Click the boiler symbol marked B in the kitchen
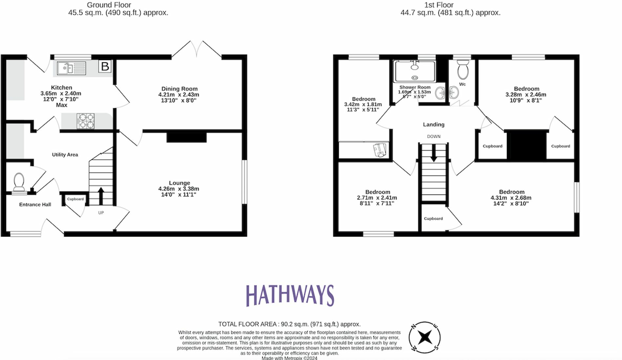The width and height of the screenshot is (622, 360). pyautogui.click(x=105, y=66)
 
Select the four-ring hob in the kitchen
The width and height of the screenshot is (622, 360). pyautogui.click(x=86, y=121)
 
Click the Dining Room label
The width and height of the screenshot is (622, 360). pyautogui.click(x=179, y=89)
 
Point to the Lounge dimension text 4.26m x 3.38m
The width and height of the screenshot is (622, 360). pyautogui.click(x=178, y=189)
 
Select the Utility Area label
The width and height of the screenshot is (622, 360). pyautogui.click(x=65, y=154)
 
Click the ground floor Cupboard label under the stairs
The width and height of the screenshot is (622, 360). pyautogui.click(x=75, y=199)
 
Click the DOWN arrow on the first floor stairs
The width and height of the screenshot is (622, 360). pyautogui.click(x=434, y=153)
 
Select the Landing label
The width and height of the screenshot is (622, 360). pyautogui.click(x=434, y=124)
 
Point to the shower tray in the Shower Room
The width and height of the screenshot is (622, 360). pyautogui.click(x=415, y=71)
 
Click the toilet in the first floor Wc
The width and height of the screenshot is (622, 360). pyautogui.click(x=463, y=69)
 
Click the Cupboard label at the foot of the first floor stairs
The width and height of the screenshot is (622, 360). pyautogui.click(x=433, y=218)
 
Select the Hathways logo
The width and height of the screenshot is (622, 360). pyautogui.click(x=290, y=295)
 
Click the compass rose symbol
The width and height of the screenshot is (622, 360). pyautogui.click(x=425, y=337)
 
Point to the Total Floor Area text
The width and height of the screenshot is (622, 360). pyautogui.click(x=289, y=324)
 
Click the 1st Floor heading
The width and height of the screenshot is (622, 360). pyautogui.click(x=439, y=5)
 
